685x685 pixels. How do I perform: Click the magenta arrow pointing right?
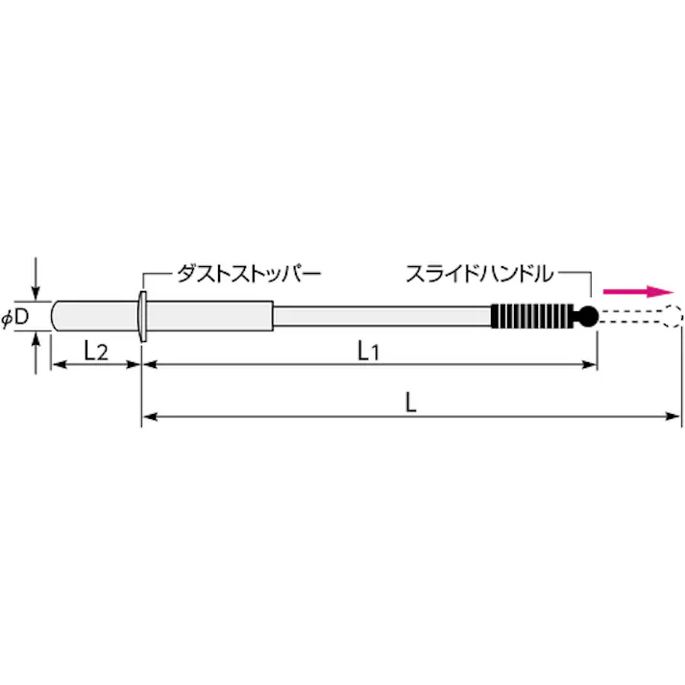[637, 291]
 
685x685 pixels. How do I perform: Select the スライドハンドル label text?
[478, 274]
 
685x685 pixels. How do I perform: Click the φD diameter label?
[15, 317]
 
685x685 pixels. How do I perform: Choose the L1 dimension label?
[369, 352]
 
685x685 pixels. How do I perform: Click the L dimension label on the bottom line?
[410, 404]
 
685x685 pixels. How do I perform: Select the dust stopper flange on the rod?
[142, 316]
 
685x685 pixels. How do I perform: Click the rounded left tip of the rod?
[57, 316]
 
